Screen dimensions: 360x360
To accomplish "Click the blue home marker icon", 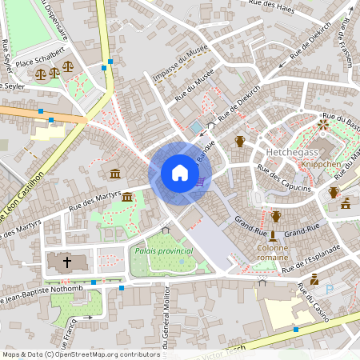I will click(x=180, y=173).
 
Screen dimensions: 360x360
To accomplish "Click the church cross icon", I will click(x=67, y=262).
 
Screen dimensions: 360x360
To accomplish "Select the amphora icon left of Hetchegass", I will click(x=239, y=142).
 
